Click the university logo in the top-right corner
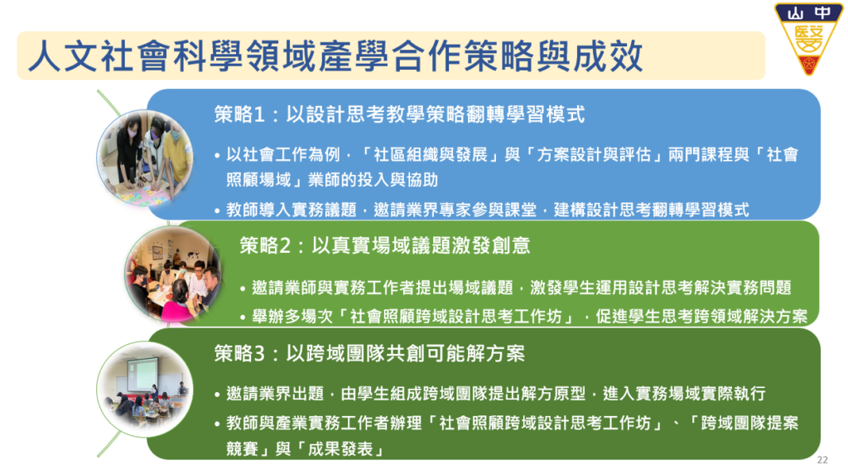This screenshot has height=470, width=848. pyautogui.click(x=808, y=39)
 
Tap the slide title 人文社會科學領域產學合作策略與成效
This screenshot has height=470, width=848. pyautogui.click(x=335, y=56)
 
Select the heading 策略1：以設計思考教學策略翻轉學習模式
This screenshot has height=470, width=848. pyautogui.click(x=399, y=114)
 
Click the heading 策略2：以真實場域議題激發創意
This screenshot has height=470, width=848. pyautogui.click(x=384, y=246)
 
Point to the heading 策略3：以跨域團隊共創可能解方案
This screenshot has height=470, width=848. pyautogui.click(x=369, y=354)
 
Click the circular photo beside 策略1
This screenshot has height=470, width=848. pyautogui.click(x=145, y=157)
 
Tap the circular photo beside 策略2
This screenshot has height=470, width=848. pyautogui.click(x=173, y=274)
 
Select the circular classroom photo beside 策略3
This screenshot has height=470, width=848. pyautogui.click(x=145, y=389)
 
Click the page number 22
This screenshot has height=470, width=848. pyautogui.click(x=822, y=460)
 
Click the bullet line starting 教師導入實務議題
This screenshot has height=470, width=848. pyautogui.click(x=483, y=210)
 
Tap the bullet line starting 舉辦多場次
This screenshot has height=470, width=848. pyautogui.click(x=524, y=317)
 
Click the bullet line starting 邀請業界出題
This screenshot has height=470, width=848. pyautogui.click(x=490, y=394)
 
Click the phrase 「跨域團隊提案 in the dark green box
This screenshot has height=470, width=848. pyautogui.click(x=743, y=423)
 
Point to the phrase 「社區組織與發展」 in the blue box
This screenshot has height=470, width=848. pyautogui.click(x=431, y=155)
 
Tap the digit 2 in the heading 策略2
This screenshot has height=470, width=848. pyautogui.click(x=285, y=246)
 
